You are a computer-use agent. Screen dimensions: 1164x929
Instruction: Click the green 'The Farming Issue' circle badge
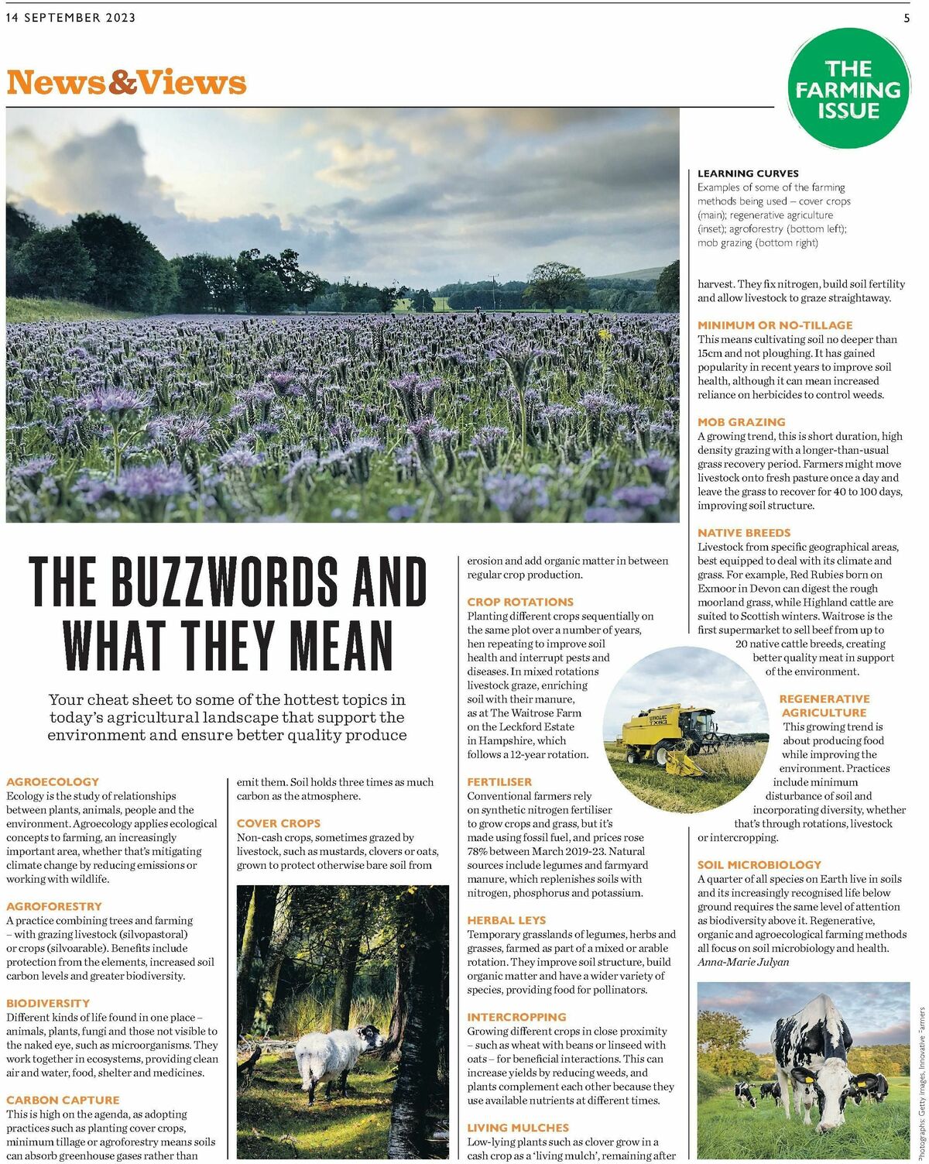click(848, 88)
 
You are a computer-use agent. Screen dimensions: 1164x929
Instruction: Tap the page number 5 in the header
click(907, 19)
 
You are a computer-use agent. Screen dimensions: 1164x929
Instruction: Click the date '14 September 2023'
click(70, 18)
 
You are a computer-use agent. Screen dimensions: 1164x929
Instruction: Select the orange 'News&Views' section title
click(126, 82)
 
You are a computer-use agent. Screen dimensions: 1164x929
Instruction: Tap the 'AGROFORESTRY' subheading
click(54, 906)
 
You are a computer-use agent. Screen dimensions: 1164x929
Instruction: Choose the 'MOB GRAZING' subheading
click(741, 422)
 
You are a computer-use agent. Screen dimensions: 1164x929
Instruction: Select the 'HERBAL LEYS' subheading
click(506, 920)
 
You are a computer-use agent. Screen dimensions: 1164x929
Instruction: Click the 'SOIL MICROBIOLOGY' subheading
click(759, 864)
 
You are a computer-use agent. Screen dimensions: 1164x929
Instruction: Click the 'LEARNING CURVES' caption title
click(748, 173)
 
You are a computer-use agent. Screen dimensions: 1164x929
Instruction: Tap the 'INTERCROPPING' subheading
click(516, 1017)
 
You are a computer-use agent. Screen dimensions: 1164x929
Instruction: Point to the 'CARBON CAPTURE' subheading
click(63, 1100)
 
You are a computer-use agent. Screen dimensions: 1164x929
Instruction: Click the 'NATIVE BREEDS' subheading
click(744, 533)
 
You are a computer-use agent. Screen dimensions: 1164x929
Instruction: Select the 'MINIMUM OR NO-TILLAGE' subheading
click(775, 325)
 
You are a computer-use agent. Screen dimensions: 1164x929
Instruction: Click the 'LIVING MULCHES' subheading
click(518, 1128)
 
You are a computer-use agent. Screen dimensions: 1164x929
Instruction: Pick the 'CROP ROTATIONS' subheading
click(520, 602)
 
